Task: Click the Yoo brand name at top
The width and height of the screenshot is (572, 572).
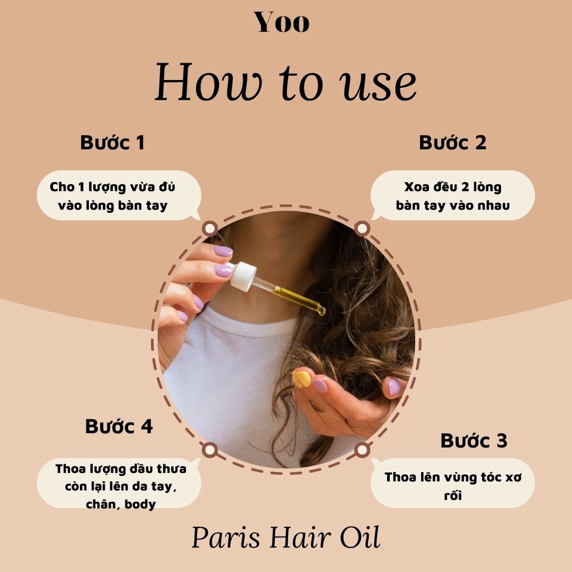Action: (x=282, y=22)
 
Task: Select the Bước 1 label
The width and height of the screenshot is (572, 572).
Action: (x=112, y=142)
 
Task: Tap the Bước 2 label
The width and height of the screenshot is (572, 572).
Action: (x=452, y=142)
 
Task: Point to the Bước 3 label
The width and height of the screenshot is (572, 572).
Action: (x=474, y=440)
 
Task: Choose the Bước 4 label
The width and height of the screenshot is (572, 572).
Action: (x=118, y=426)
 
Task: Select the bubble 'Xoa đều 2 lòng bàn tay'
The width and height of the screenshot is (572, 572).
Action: (x=452, y=196)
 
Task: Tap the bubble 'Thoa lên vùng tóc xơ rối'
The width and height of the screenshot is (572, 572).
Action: (x=452, y=483)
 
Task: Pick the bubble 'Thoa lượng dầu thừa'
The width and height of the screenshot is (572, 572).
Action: (x=120, y=484)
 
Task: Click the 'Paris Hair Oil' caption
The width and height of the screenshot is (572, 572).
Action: (x=285, y=538)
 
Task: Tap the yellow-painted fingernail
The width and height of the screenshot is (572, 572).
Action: (x=302, y=379)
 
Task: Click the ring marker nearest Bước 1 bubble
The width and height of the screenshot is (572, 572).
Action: (x=210, y=228)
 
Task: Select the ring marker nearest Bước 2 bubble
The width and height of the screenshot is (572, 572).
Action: (x=362, y=228)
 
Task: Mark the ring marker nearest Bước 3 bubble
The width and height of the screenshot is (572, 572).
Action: (x=362, y=449)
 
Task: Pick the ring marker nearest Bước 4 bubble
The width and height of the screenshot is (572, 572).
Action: (x=210, y=449)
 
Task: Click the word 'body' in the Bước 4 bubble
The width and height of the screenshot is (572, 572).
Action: (x=140, y=504)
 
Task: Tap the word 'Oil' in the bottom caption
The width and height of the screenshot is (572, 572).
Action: (x=360, y=538)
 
